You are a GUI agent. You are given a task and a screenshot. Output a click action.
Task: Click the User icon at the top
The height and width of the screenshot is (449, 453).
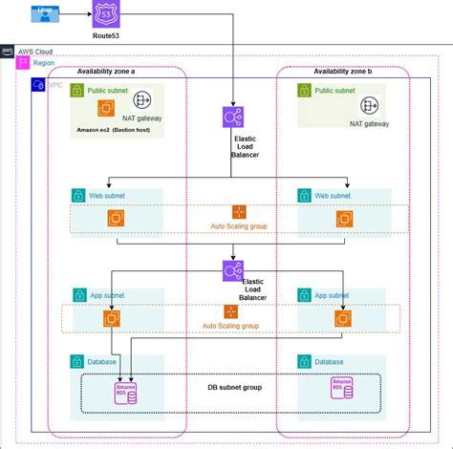click(x=44, y=13)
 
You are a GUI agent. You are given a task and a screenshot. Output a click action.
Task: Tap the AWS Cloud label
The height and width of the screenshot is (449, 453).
click(x=33, y=50)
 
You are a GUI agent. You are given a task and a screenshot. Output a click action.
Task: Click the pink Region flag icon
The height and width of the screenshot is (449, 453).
click(x=24, y=62)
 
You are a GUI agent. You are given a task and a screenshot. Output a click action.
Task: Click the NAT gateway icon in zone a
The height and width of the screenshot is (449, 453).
click(x=144, y=99)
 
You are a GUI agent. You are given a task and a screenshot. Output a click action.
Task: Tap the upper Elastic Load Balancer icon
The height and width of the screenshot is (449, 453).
click(x=231, y=118)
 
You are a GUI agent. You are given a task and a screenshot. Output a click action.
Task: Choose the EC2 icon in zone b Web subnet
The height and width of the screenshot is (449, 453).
click(x=344, y=219)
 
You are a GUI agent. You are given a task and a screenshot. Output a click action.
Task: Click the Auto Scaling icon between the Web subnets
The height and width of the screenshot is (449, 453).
click(x=239, y=212)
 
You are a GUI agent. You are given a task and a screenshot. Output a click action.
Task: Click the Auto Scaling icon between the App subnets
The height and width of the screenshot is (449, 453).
click(x=230, y=311)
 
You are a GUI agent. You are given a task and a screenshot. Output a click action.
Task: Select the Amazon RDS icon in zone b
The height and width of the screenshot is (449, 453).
click(x=340, y=388)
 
